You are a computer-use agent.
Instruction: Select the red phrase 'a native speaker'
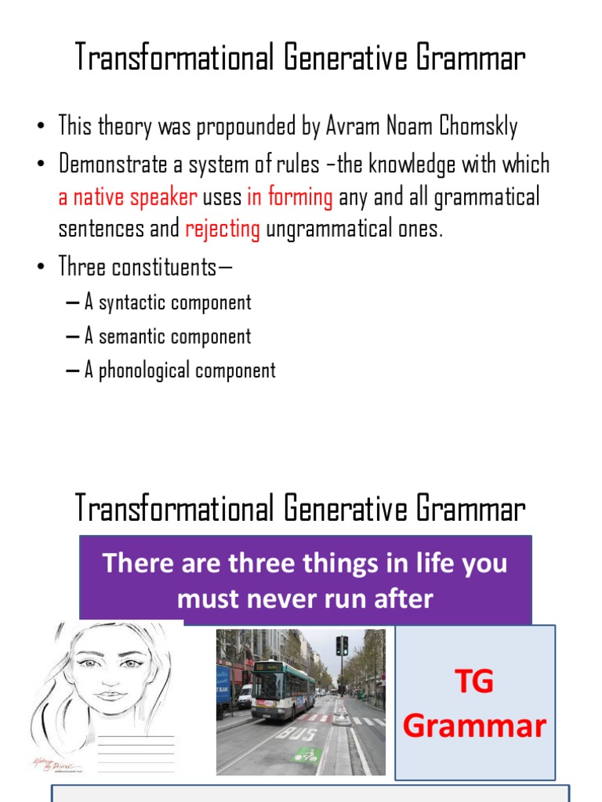[x=127, y=197]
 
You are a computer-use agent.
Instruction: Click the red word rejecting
[x=223, y=229]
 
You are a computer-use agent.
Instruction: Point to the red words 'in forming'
[x=290, y=197]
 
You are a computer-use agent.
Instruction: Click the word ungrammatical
[x=352, y=229]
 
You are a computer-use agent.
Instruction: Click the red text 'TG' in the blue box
[x=474, y=681]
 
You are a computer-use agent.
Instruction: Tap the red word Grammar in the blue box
[x=474, y=726]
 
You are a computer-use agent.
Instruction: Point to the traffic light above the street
[x=342, y=645]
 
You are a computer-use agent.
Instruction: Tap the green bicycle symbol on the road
[x=307, y=755]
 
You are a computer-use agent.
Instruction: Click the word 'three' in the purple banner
[x=270, y=563]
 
